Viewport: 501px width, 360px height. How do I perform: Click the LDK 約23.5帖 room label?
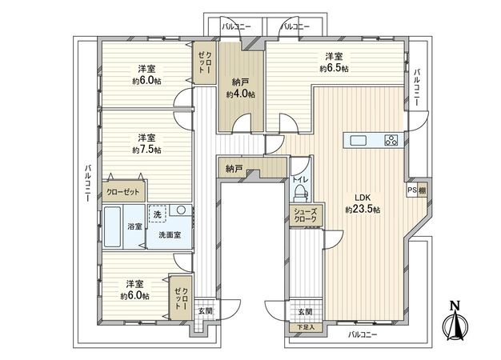(x=363, y=203)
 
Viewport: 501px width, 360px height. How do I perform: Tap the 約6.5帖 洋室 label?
(x=334, y=62)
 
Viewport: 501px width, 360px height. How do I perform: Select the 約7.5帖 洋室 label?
(x=146, y=143)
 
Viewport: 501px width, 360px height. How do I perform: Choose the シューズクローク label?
(x=304, y=214)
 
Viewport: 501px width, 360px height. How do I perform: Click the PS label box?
(x=412, y=190)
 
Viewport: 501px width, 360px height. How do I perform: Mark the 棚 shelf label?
(x=422, y=190)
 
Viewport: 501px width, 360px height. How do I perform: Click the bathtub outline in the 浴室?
(x=112, y=229)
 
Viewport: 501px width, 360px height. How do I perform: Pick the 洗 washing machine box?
(x=158, y=214)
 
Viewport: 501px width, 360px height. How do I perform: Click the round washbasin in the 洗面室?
(x=182, y=210)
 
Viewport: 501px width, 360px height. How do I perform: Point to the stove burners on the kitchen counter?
(x=391, y=142)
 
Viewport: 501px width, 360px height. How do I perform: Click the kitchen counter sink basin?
(x=358, y=142)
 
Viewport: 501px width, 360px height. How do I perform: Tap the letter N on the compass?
(x=454, y=305)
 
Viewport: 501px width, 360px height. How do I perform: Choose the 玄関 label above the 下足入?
(x=304, y=312)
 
